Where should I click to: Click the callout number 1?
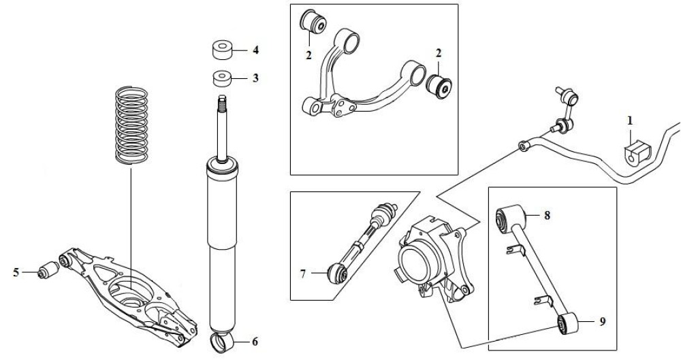tap(630, 120)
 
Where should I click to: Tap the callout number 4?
tap(255, 50)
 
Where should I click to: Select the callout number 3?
tap(255, 78)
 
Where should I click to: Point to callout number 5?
tap(16, 273)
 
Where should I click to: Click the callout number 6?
tap(255, 342)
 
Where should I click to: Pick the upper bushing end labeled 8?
tap(508, 218)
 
